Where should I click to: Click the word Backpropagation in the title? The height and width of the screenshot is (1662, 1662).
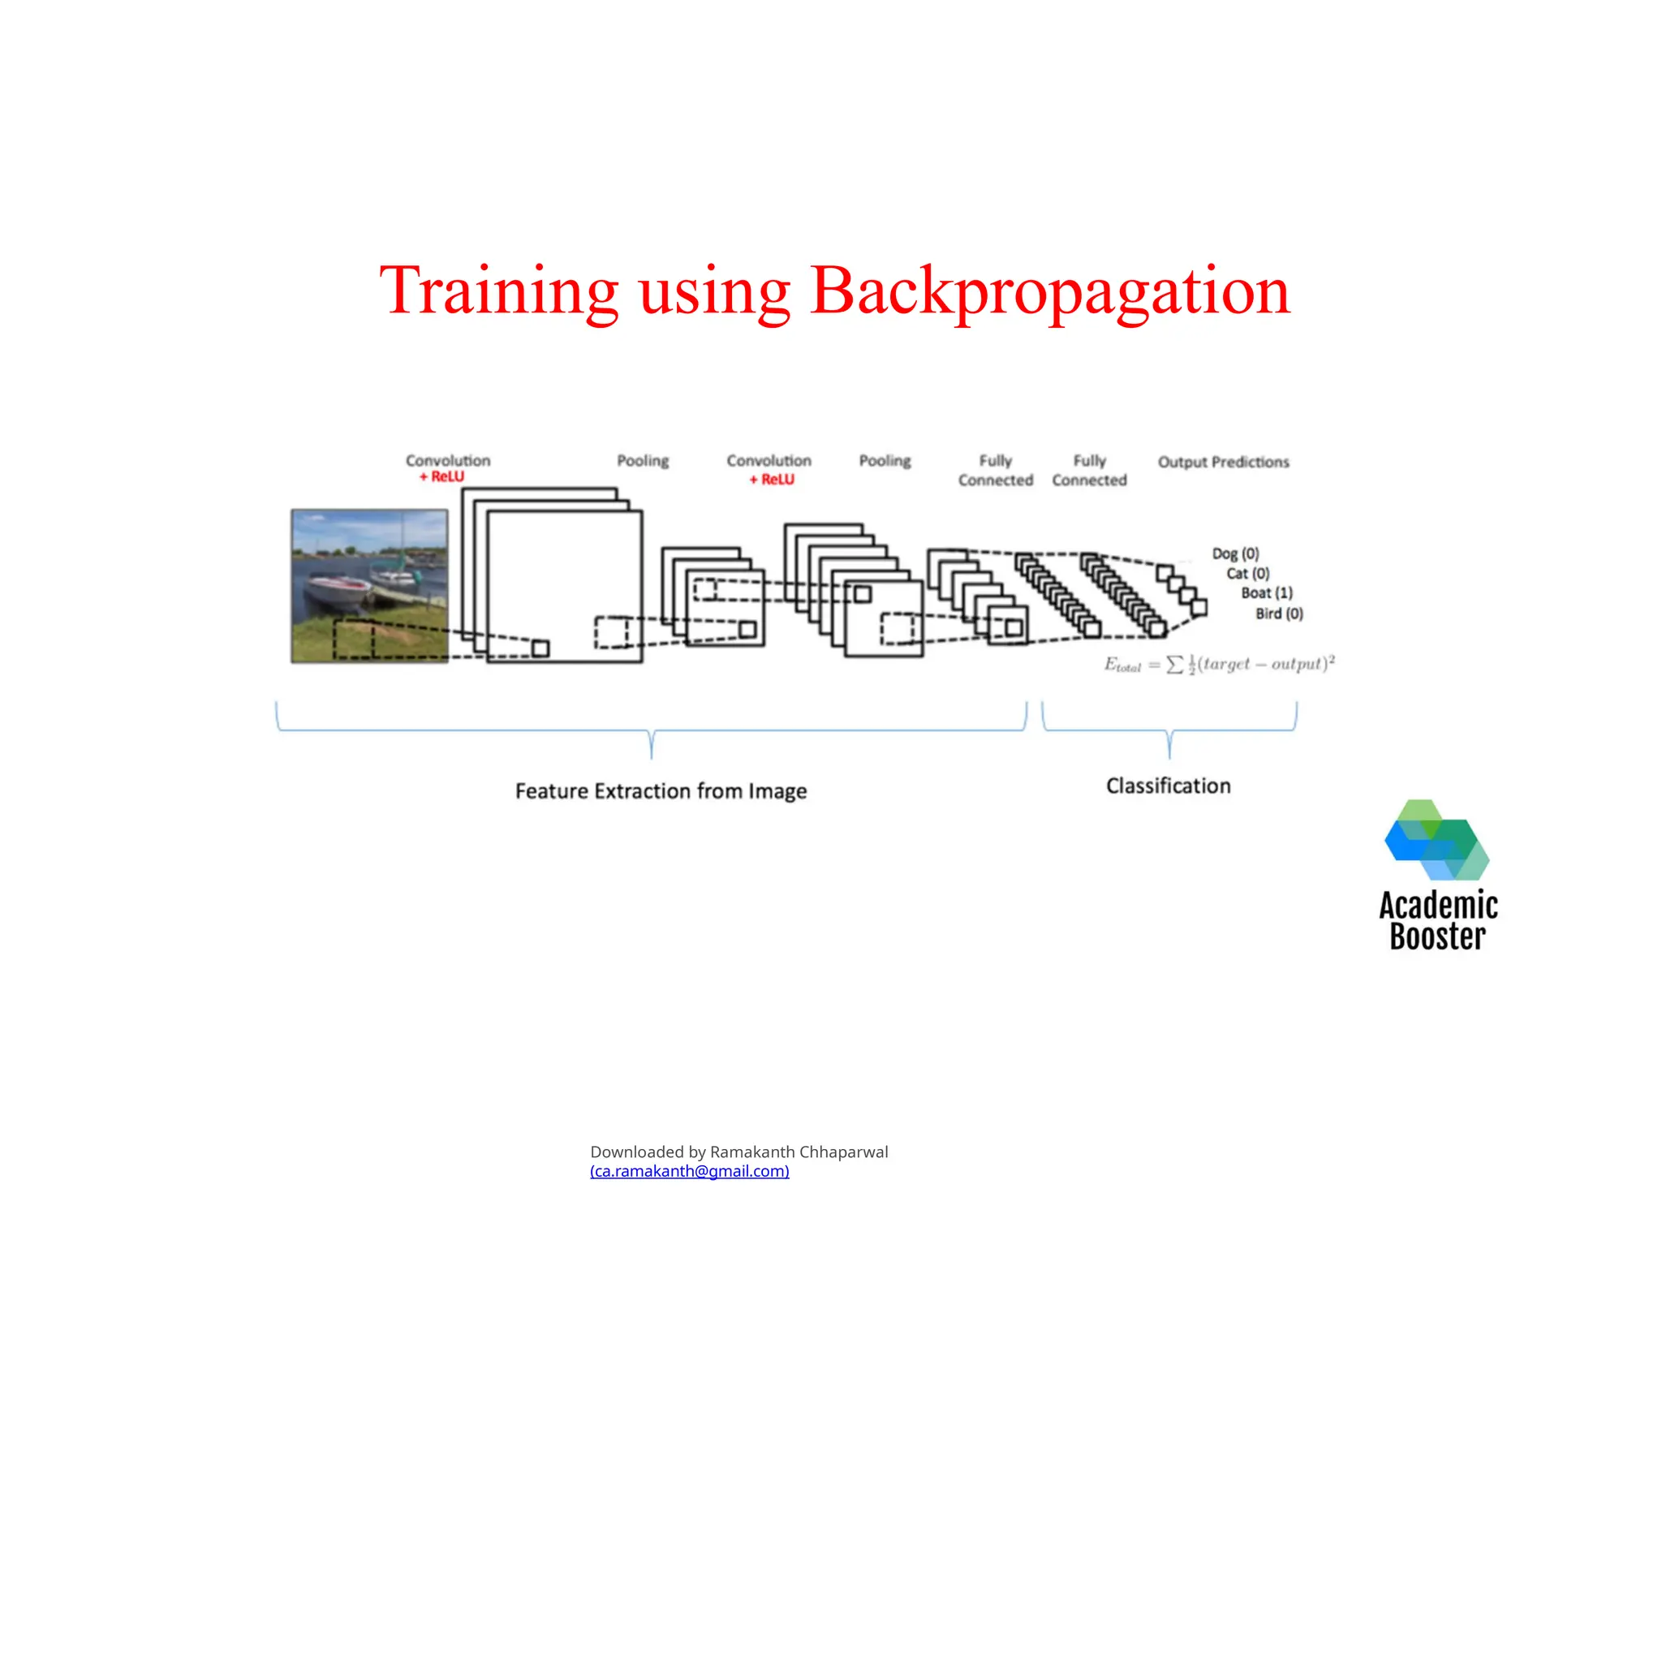click(x=1049, y=291)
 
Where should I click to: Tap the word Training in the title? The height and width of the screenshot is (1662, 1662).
click(x=499, y=291)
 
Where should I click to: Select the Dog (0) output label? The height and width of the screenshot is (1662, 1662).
click(x=1235, y=553)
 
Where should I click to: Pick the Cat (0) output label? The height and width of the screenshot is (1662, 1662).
click(x=1247, y=573)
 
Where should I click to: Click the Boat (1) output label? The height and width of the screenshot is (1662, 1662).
click(x=1266, y=592)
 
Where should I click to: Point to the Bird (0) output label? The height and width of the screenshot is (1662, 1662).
click(x=1279, y=614)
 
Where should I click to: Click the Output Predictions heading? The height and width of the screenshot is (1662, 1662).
click(x=1223, y=462)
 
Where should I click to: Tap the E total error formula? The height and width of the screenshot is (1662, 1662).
click(x=1219, y=664)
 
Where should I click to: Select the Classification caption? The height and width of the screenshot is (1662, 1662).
click(x=1169, y=786)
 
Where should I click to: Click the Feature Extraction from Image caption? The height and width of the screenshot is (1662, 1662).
click(x=661, y=790)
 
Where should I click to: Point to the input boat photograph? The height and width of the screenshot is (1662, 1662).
click(x=369, y=586)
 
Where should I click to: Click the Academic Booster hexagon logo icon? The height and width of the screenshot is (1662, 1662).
click(x=1436, y=840)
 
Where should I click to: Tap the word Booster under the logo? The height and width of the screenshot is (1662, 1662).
click(x=1437, y=936)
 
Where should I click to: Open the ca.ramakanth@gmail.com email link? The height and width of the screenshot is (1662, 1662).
click(x=689, y=1171)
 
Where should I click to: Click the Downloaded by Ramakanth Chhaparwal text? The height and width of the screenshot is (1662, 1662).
click(x=739, y=1152)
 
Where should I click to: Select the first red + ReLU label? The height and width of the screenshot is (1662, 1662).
click(x=441, y=476)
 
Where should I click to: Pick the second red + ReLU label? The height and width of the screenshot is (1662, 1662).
click(x=772, y=479)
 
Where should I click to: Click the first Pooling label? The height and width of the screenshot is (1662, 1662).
click(x=643, y=461)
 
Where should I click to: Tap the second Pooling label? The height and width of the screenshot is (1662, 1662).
click(x=885, y=461)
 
